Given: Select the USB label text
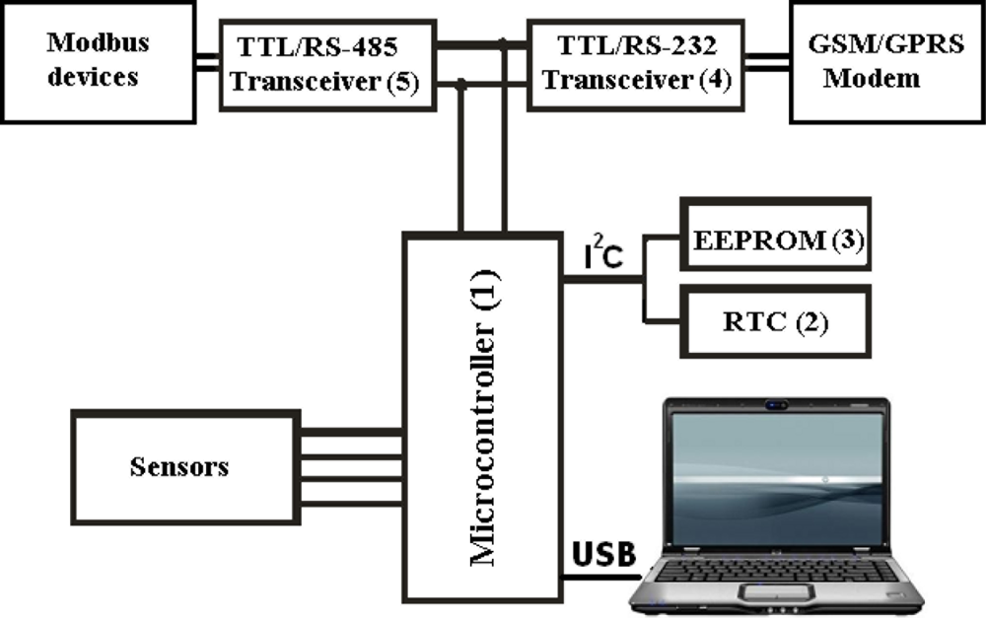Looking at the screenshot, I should (604, 554).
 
